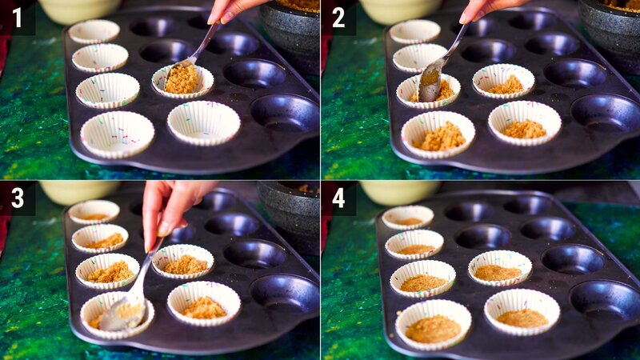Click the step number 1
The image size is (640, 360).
pyautogui.click(x=16, y=18)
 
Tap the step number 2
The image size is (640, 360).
pyautogui.click(x=338, y=18)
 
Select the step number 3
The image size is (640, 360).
pyautogui.click(x=16, y=198)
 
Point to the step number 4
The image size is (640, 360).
pyautogui.click(x=338, y=198)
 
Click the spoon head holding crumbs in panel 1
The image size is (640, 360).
pyautogui.click(x=181, y=77)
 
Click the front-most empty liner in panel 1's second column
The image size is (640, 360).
pyautogui.click(x=203, y=122)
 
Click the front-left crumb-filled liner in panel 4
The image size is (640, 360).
pyautogui.click(x=433, y=325)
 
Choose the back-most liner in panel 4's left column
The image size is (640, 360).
pyautogui.click(x=407, y=217)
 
